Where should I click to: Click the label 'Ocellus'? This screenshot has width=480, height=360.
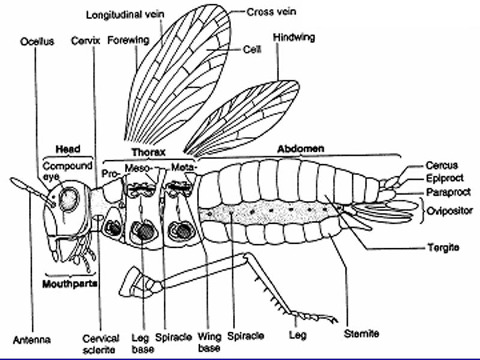tap(37, 41)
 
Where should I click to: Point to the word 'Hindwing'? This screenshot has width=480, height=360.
tap(293, 37)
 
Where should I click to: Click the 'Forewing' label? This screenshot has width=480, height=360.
tap(128, 41)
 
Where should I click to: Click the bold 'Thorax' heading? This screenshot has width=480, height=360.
tap(148, 152)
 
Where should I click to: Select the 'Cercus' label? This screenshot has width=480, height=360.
tap(442, 165)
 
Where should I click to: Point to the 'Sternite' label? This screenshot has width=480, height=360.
tap(361, 333)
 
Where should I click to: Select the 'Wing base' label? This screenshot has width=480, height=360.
tap(209, 342)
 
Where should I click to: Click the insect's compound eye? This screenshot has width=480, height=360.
tap(69, 199)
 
